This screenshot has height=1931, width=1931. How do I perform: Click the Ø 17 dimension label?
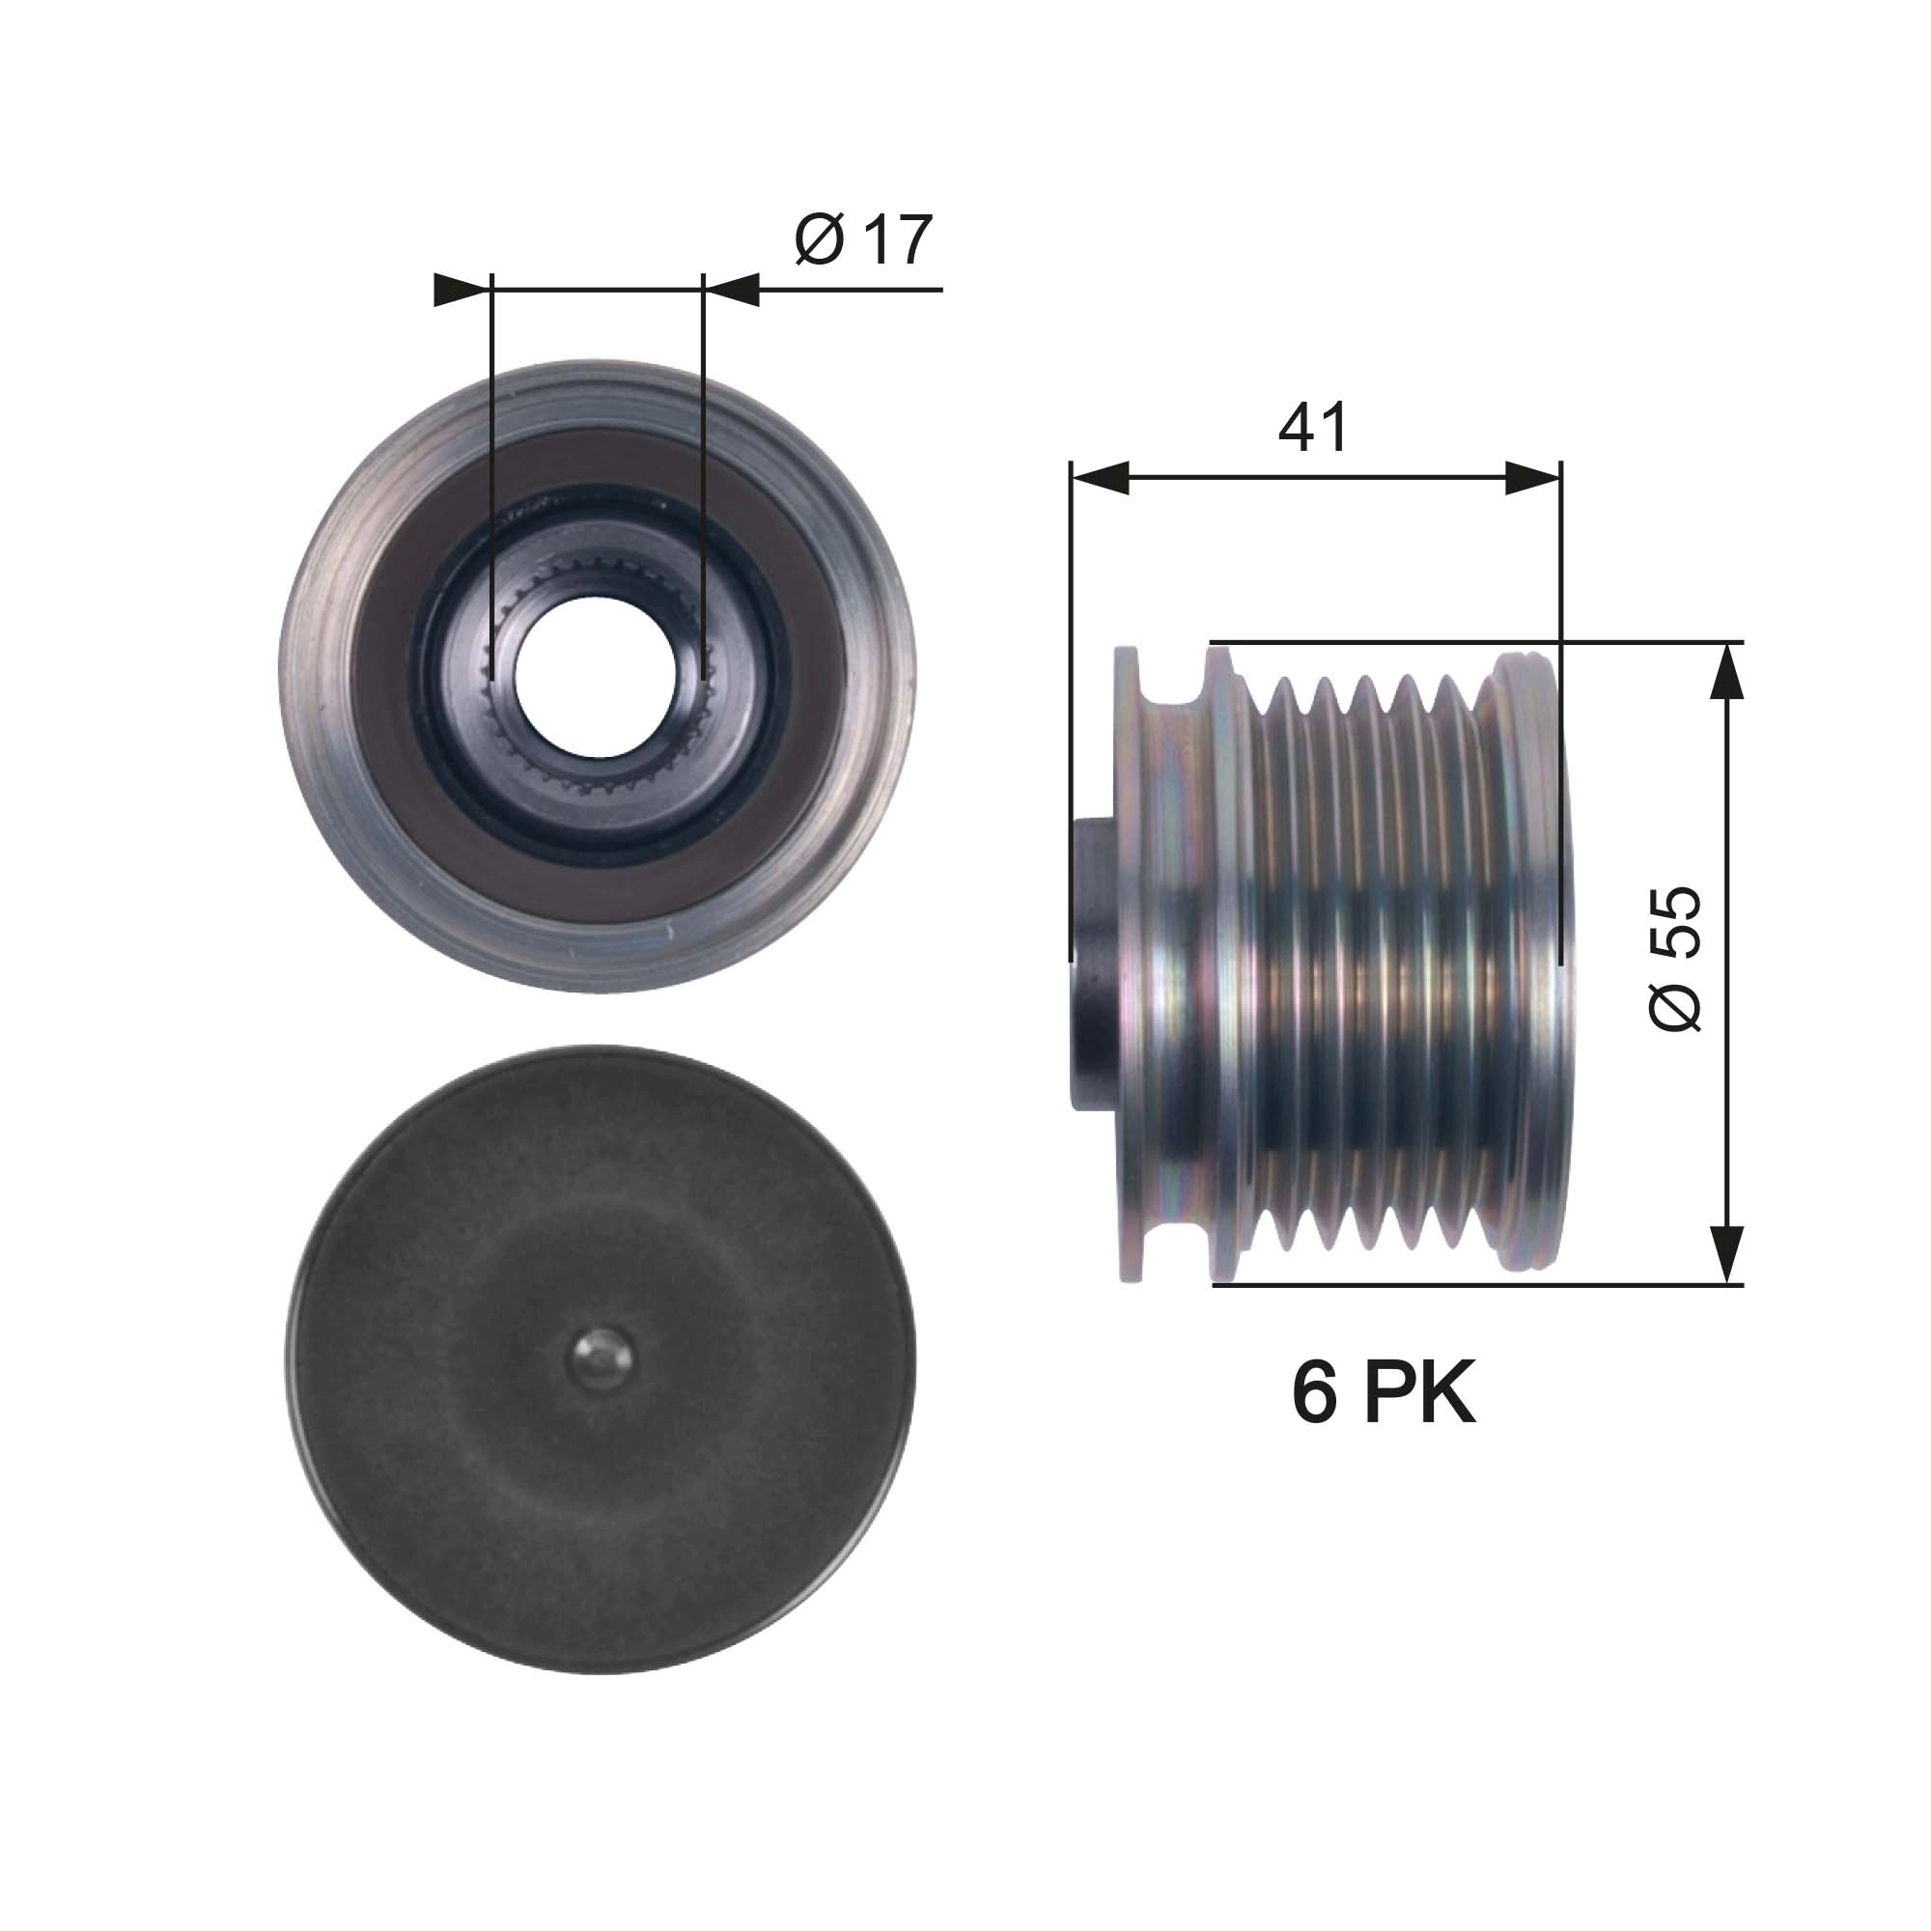pyautogui.click(x=863, y=239)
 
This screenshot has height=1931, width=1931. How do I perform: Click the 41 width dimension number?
pyautogui.click(x=1312, y=428)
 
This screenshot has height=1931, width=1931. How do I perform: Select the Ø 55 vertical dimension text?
pyautogui.click(x=1675, y=959)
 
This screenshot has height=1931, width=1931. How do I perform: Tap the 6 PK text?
pyautogui.click(x=1384, y=1392)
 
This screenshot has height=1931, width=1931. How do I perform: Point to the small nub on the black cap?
pyautogui.click(x=600, y=1359)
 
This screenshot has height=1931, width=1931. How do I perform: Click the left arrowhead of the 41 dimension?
pyautogui.click(x=1100, y=478)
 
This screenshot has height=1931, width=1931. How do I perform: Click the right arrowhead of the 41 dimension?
pyautogui.click(x=1532, y=478)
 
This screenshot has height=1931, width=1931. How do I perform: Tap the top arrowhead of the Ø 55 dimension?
pyautogui.click(x=1727, y=670)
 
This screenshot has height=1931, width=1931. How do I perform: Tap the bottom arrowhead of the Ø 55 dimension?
pyautogui.click(x=1727, y=1254)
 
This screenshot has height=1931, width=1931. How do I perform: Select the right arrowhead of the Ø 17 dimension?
pyautogui.click(x=732, y=290)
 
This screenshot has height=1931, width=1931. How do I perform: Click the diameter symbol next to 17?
pyautogui.click(x=820, y=240)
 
